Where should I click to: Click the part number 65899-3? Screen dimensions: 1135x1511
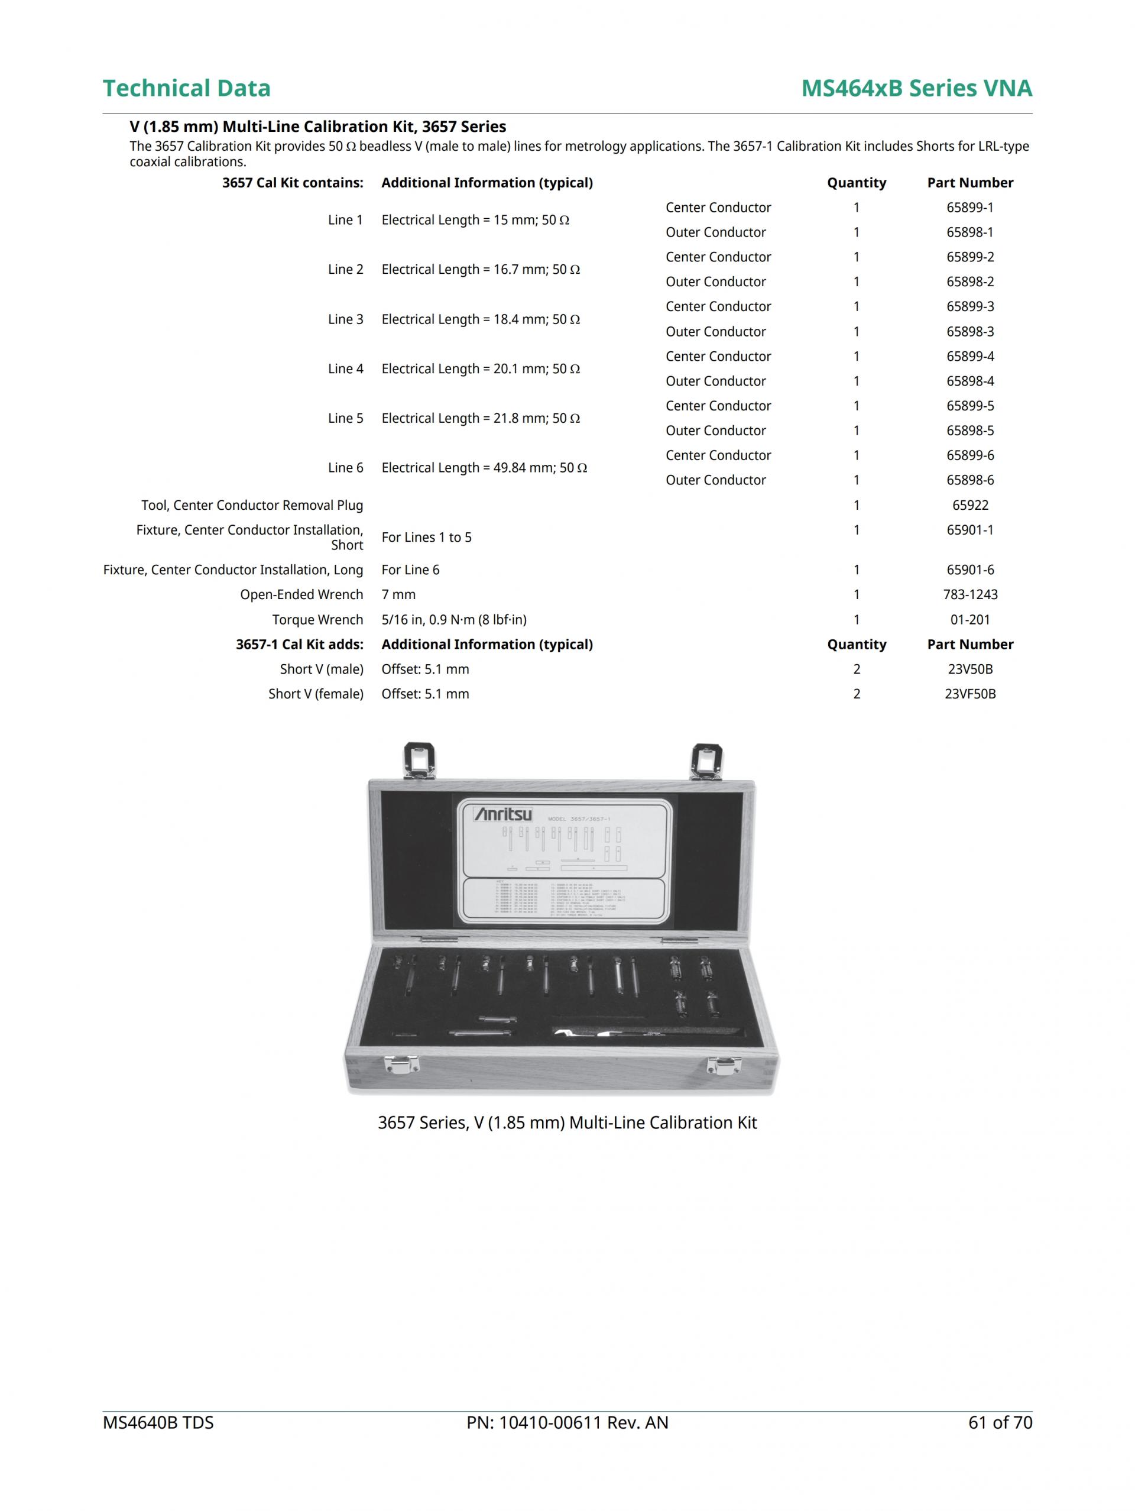point(969,307)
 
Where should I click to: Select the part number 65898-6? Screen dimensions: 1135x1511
point(969,480)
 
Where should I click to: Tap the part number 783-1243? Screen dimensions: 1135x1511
point(969,595)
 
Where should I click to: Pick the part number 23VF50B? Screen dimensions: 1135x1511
point(969,694)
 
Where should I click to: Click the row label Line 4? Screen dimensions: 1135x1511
point(345,369)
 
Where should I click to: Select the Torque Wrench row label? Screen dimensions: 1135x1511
point(317,620)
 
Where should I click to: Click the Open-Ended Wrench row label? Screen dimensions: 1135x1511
point(301,595)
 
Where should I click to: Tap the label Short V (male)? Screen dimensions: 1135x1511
point(321,669)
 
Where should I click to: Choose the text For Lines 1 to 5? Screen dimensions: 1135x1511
point(426,538)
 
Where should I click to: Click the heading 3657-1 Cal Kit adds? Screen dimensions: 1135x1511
point(299,645)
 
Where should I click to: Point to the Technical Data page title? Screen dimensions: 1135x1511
point(186,88)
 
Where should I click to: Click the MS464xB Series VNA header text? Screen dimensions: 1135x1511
point(916,88)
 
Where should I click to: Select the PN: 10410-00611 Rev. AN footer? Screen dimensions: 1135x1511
point(567,1422)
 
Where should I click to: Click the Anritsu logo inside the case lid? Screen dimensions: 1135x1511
point(503,815)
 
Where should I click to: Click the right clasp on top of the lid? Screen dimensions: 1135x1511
point(705,761)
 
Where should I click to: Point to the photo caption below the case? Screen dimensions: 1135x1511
point(567,1123)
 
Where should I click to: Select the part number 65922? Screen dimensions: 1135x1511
point(969,506)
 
